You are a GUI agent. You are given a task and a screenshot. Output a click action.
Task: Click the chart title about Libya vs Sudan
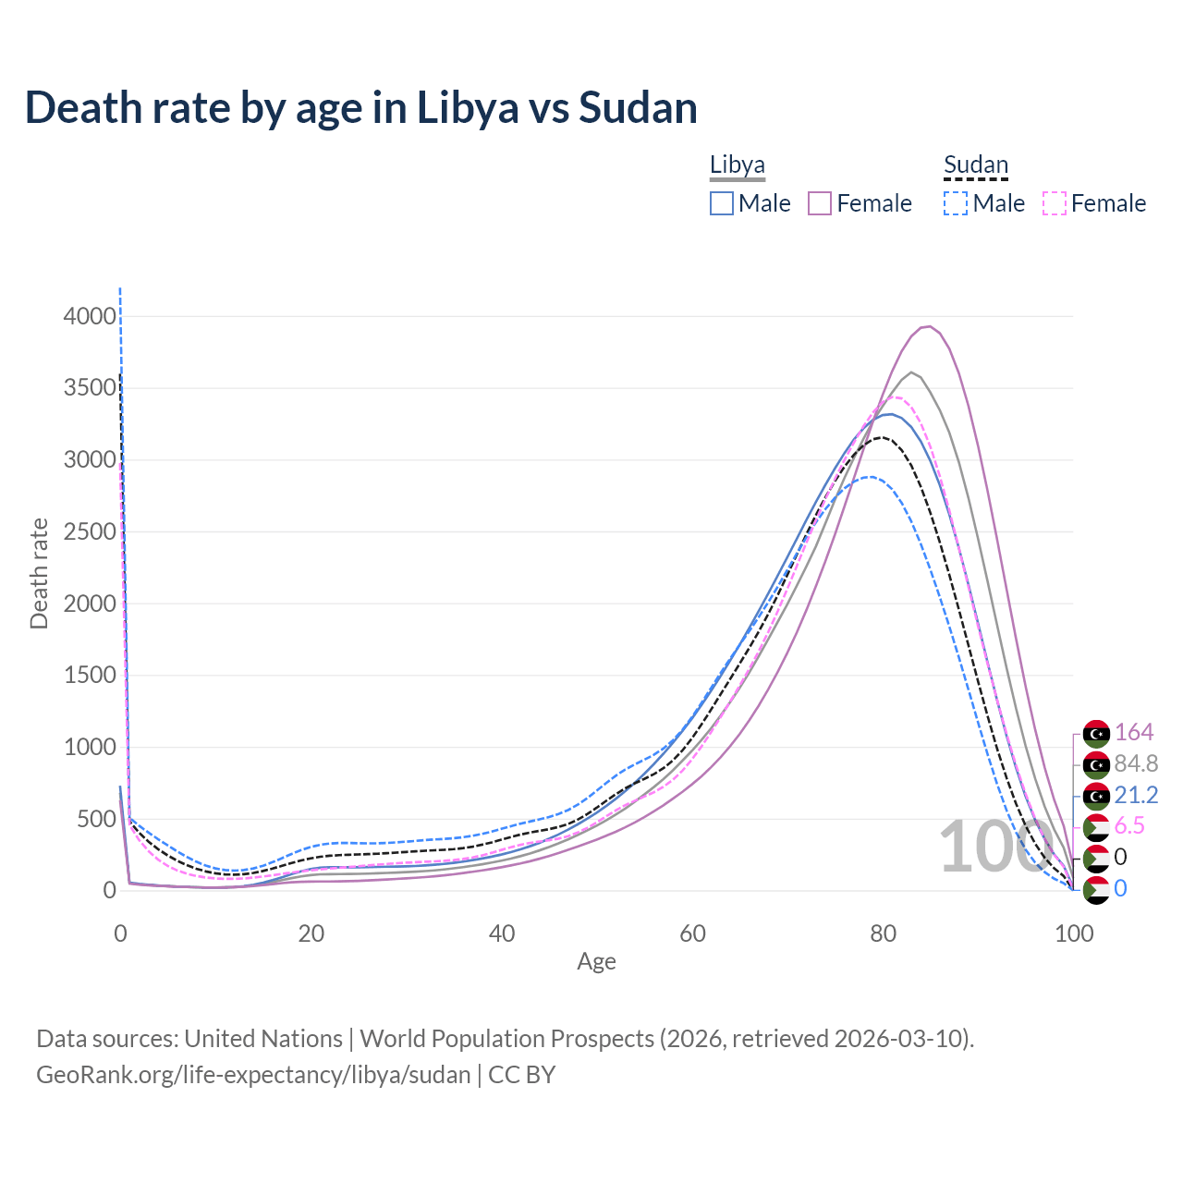click(360, 108)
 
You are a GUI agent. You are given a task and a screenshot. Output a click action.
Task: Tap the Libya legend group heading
click(738, 165)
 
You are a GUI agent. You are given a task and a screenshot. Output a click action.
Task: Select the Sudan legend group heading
click(975, 165)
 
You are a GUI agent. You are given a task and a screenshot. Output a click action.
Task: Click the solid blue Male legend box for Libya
click(722, 203)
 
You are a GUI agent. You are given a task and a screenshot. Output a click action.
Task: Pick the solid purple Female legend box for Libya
click(821, 203)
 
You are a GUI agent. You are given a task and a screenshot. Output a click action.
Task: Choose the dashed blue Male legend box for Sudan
click(956, 203)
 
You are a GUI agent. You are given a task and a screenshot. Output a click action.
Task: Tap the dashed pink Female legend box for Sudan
click(1055, 203)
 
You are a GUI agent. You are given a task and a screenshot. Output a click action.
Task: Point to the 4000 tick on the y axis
click(90, 316)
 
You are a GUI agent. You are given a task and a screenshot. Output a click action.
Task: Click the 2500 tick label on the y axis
click(90, 531)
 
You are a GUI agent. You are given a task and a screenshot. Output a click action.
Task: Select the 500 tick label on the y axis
click(96, 819)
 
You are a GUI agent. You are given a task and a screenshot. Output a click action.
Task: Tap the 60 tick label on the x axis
click(692, 933)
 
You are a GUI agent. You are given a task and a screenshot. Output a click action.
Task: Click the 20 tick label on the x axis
click(311, 933)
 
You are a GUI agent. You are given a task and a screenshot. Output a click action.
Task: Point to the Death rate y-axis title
click(39, 573)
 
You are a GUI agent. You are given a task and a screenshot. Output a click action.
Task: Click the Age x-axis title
click(596, 961)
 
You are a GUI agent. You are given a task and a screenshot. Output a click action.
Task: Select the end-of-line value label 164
click(1134, 732)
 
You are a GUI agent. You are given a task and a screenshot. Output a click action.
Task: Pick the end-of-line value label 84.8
click(1136, 763)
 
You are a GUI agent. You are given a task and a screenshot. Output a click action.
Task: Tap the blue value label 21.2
click(1136, 795)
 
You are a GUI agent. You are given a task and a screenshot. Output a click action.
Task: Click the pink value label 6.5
click(1129, 825)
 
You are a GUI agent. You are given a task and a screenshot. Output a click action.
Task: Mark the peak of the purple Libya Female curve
click(928, 326)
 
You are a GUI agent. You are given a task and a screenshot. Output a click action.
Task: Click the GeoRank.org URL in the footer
click(253, 1075)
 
